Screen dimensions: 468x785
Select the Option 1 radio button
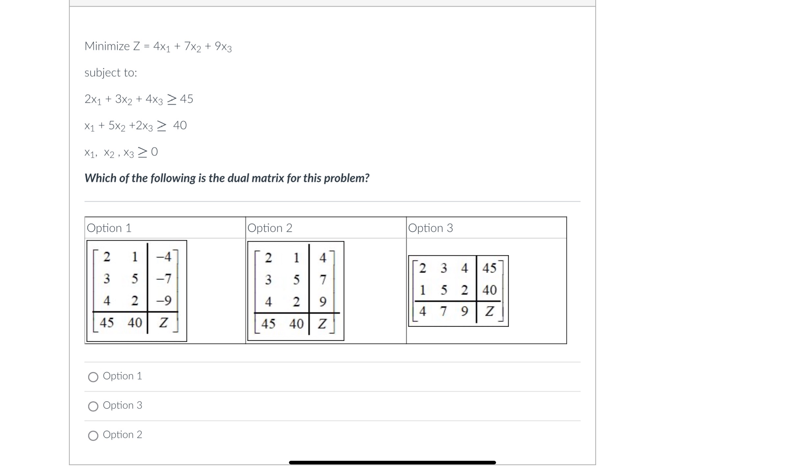(x=93, y=377)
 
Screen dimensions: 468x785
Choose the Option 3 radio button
(x=93, y=406)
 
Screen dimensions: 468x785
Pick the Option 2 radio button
(x=93, y=436)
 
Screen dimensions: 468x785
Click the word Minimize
(x=107, y=46)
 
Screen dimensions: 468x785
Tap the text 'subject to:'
(x=111, y=73)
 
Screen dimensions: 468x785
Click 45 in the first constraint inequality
(x=186, y=99)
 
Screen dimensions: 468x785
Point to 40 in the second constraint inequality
(x=180, y=125)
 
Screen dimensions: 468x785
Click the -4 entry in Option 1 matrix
(x=164, y=256)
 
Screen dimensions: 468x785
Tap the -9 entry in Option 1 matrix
(x=164, y=301)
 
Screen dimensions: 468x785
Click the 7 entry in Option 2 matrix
(x=323, y=279)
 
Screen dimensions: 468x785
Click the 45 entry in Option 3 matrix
(x=489, y=268)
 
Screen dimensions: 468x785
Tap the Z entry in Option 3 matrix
(x=489, y=311)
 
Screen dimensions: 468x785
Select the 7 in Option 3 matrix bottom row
(x=443, y=311)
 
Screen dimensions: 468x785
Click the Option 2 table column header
(x=270, y=228)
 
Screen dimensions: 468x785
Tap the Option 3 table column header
(x=430, y=228)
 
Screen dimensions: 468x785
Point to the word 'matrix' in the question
(x=269, y=178)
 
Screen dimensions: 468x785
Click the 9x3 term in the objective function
(x=223, y=47)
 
